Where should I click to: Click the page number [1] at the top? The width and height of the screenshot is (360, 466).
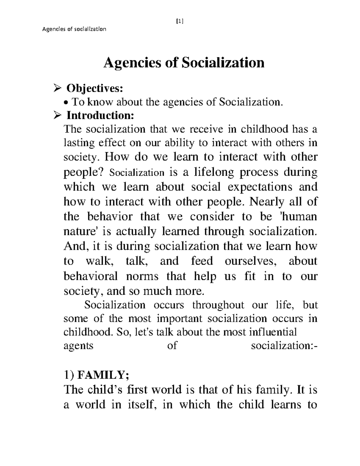pos(180,21)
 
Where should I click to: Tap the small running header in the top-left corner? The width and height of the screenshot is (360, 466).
pos(74,29)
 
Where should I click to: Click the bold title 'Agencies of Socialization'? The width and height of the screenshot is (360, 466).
pos(184,63)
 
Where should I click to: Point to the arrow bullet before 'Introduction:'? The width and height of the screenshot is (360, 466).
pos(56,115)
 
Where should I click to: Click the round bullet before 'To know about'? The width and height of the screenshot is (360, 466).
pos(67,103)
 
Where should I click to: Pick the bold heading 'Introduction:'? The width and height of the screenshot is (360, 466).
pos(100,115)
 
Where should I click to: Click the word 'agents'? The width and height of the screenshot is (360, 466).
pos(79,346)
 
